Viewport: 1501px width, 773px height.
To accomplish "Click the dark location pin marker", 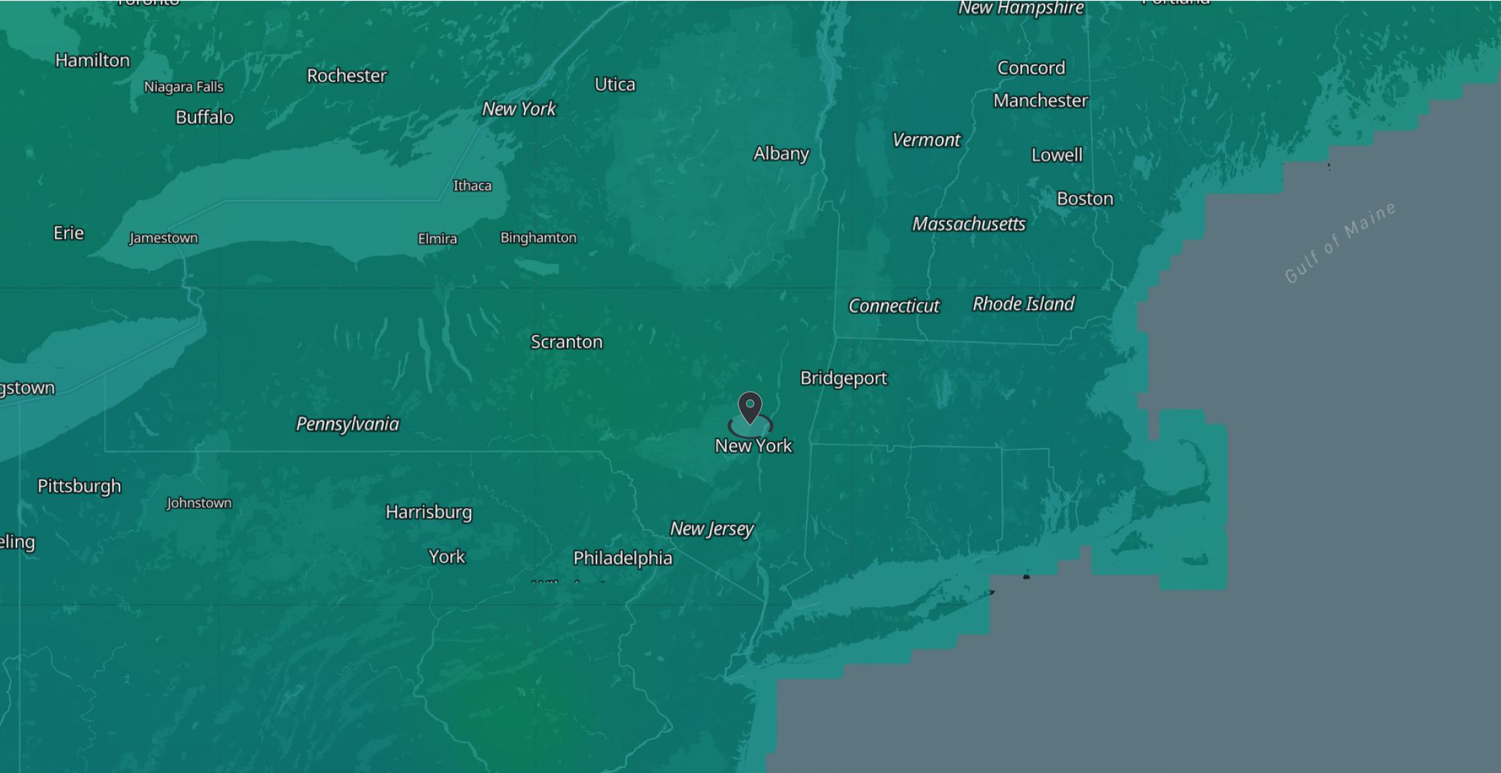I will [750, 408].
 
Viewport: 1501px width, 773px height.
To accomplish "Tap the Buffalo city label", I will [204, 117].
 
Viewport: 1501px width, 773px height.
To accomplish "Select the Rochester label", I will [347, 76].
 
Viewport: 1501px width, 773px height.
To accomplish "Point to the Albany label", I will [781, 154].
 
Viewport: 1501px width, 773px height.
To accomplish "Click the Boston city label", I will [1084, 199].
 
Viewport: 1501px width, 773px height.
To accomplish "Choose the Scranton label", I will [567, 342].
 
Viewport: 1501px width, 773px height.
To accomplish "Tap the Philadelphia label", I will [622, 558].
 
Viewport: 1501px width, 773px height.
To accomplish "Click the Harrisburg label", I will [429, 513].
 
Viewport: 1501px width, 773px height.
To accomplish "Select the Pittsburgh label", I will [79, 486].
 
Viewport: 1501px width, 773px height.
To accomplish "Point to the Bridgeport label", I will [844, 378].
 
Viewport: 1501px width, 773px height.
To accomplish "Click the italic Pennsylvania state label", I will [347, 424].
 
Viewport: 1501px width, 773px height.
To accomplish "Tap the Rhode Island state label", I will [1023, 304].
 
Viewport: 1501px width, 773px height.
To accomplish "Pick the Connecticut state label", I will [894, 306].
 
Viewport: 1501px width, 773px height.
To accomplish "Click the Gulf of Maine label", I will [1340, 242].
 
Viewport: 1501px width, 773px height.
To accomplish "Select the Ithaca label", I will [472, 186].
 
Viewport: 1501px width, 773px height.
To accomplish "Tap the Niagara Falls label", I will [184, 87].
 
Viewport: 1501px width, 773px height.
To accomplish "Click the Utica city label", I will [615, 85].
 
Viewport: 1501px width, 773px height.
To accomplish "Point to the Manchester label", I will [1040, 101].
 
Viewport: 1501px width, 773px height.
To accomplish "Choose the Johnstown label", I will [199, 504].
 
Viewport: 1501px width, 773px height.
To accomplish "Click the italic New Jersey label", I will [711, 529].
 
